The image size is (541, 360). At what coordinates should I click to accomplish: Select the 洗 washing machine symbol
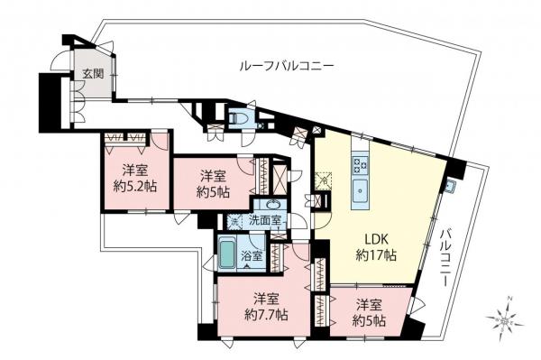coord(233,220)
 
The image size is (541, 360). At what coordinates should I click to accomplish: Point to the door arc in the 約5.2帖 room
coord(159,142)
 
